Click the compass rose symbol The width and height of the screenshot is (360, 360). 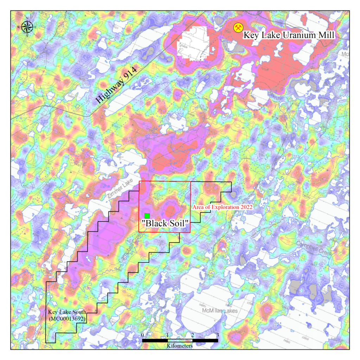[27, 26]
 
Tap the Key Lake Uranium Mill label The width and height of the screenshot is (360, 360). [288, 35]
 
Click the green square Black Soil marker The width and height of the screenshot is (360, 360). [147, 216]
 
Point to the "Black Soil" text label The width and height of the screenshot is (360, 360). [165, 223]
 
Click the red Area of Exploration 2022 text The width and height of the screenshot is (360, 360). [223, 207]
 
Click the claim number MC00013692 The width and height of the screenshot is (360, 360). [67, 318]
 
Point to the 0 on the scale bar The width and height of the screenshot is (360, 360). [142, 335]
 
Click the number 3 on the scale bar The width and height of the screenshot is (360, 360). [218, 335]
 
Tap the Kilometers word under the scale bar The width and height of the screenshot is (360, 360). [180, 346]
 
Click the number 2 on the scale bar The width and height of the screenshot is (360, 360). [192, 335]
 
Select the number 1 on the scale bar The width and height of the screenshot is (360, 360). [167, 335]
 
